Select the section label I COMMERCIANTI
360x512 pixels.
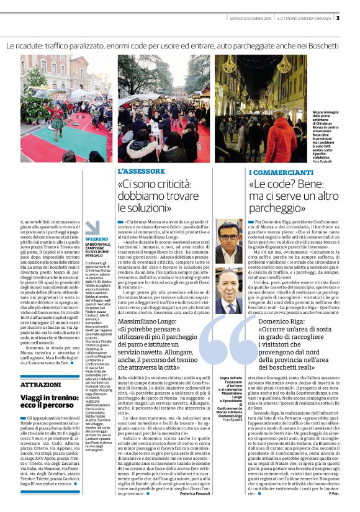pos(281,171)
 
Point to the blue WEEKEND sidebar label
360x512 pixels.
pos(96,238)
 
